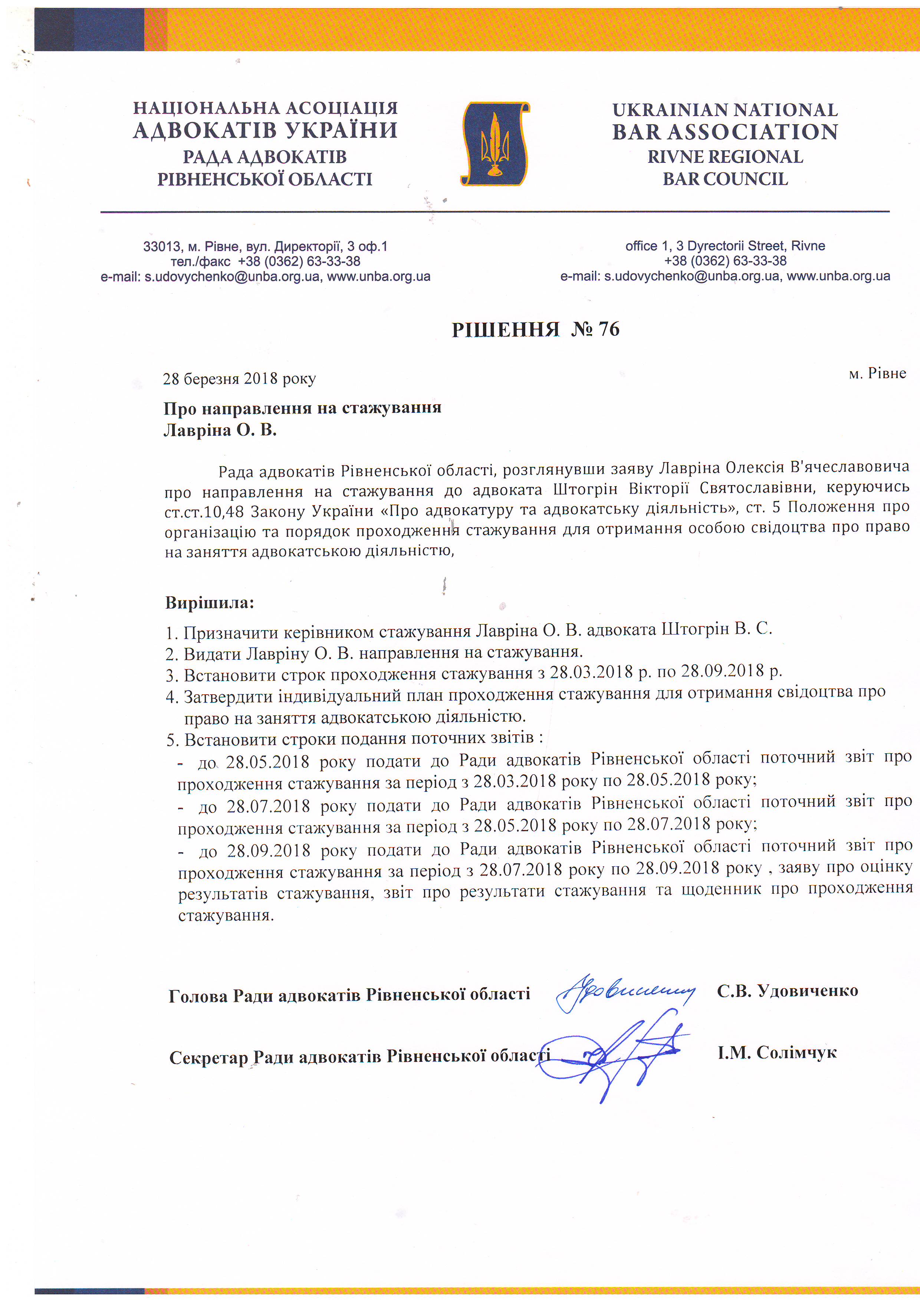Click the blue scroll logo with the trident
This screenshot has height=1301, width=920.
(x=495, y=144)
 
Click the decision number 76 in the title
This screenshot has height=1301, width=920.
(x=608, y=329)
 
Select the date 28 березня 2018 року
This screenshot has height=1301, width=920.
(x=239, y=379)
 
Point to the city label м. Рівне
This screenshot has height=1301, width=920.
(x=877, y=373)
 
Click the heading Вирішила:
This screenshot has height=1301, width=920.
(x=210, y=602)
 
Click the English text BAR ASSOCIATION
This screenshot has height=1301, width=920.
(x=725, y=132)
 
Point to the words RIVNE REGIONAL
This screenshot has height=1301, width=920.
(x=725, y=157)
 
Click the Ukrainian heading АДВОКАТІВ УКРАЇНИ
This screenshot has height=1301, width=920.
(x=265, y=130)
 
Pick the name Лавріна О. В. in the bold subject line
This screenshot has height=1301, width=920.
(x=220, y=431)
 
